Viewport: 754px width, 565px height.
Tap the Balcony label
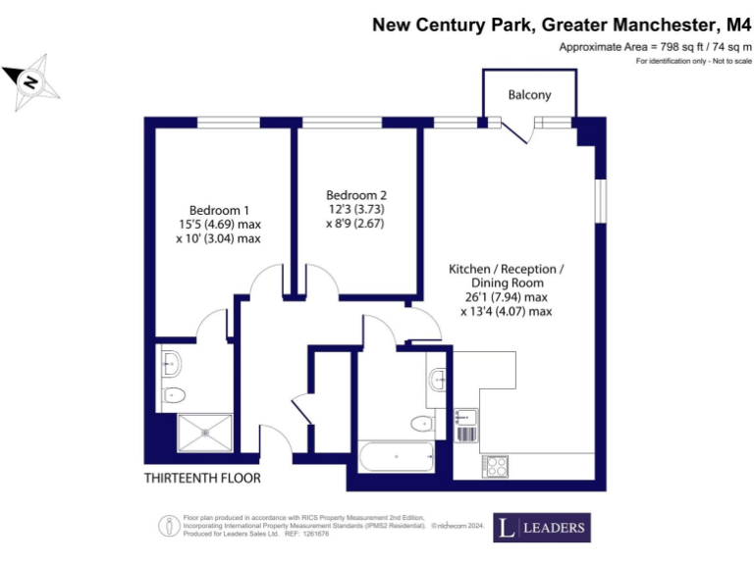coord(529,95)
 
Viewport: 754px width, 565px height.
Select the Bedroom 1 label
coord(219,210)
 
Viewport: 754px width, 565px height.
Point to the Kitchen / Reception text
coord(507,269)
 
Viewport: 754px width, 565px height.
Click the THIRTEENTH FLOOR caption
coord(202,478)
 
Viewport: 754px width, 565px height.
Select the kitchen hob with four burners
coord(494,466)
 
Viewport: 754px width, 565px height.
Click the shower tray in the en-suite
coord(205,433)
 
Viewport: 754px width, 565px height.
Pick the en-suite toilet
coord(174,394)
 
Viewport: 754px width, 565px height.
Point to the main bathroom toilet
coord(423,424)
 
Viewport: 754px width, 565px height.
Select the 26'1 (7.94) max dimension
coord(507,297)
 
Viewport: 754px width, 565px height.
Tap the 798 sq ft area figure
coord(670,46)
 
